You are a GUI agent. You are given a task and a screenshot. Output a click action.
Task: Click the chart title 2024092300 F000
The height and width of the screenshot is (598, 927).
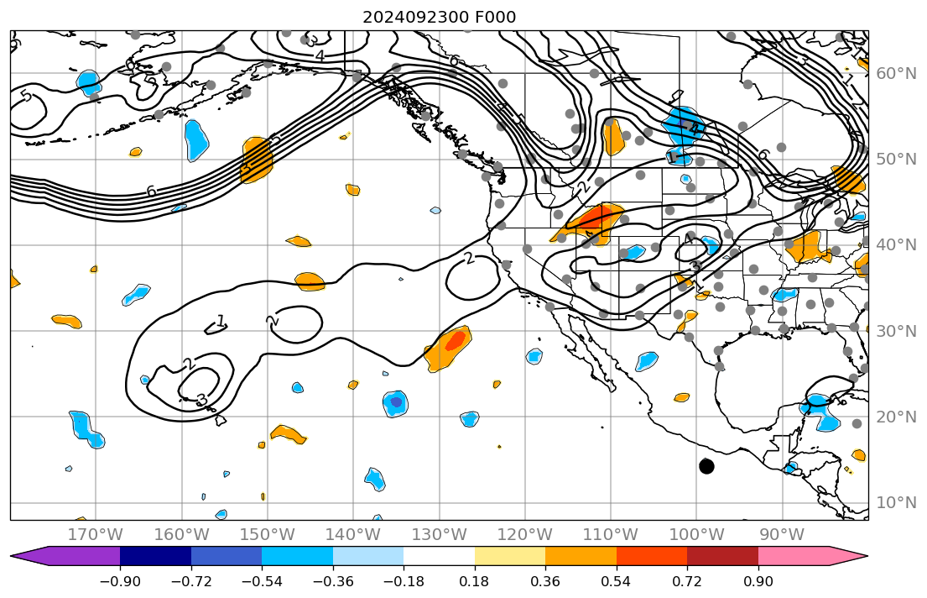(439, 17)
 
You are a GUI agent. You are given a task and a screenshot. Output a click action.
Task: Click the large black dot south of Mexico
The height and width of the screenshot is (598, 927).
(706, 466)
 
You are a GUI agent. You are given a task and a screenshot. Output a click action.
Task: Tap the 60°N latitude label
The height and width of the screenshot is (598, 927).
(897, 73)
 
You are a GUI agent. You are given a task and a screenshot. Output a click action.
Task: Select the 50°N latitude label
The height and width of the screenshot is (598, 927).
(897, 160)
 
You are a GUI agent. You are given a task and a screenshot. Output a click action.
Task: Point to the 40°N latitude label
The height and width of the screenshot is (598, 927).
(897, 245)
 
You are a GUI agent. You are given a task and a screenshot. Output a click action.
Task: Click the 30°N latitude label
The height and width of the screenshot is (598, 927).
(897, 331)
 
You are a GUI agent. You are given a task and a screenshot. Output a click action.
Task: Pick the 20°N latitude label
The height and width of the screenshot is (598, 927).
(897, 417)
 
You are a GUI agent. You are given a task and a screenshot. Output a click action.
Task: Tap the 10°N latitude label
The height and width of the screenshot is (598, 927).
(897, 503)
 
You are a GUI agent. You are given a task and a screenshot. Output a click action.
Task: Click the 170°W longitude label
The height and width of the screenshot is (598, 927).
(95, 534)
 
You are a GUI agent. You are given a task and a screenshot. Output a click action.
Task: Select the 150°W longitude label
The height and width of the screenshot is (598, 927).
(267, 534)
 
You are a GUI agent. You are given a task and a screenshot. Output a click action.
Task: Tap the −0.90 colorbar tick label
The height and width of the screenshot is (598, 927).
(120, 581)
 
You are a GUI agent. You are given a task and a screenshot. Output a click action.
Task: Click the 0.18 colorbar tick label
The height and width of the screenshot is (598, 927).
(475, 581)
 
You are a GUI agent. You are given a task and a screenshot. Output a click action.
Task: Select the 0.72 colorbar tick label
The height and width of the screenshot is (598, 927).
(687, 581)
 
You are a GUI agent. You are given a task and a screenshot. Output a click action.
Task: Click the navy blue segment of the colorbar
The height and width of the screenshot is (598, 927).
(155, 556)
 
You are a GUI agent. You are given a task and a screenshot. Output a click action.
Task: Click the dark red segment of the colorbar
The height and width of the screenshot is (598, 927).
(722, 556)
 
